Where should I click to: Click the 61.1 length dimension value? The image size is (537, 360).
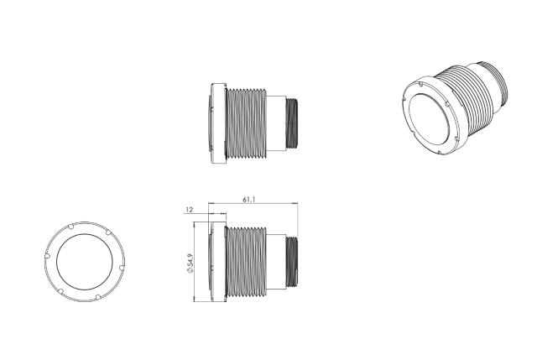249,200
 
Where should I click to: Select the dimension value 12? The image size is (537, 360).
190,210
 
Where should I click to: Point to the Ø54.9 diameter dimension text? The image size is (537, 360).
190,263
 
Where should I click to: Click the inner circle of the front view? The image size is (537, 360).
85,262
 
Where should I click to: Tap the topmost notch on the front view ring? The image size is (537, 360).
71,227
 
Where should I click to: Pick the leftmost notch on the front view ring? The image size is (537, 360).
48,256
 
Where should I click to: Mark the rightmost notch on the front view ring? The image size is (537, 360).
122,268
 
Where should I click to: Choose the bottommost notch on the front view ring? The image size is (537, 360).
98,297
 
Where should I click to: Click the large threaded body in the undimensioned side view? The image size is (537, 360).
246,123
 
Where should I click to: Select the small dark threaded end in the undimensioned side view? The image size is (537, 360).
292,123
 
